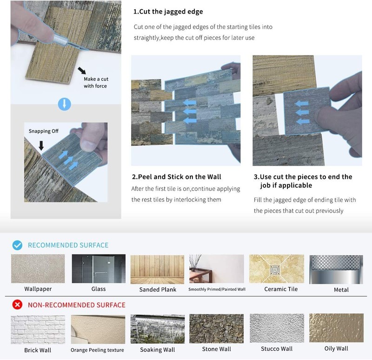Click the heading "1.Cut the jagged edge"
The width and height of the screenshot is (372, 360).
click(x=168, y=12)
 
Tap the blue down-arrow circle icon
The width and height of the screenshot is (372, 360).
click(x=65, y=104)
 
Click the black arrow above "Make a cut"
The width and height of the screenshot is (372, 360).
click(x=82, y=70)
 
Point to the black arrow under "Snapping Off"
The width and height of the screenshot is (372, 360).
click(x=41, y=146)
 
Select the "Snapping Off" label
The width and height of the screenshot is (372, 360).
click(x=44, y=131)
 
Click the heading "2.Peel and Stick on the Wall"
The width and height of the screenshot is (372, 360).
click(x=177, y=177)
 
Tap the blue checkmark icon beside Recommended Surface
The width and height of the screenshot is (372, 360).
click(x=17, y=245)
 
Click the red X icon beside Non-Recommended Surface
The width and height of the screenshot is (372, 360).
click(x=17, y=305)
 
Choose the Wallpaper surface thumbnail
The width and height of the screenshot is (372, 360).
click(x=38, y=269)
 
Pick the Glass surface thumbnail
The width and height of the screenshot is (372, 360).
click(x=99, y=269)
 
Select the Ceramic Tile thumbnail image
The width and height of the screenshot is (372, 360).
click(x=277, y=269)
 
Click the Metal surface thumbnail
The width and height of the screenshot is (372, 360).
click(x=336, y=269)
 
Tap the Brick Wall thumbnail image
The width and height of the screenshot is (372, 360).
click(x=38, y=329)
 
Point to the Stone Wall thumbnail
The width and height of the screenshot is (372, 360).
click(x=216, y=329)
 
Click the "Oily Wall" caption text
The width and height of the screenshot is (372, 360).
click(x=336, y=349)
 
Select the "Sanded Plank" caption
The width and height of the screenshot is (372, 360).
click(x=158, y=289)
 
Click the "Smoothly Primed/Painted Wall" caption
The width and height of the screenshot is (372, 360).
click(x=217, y=289)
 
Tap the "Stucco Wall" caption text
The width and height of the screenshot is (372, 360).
click(x=277, y=349)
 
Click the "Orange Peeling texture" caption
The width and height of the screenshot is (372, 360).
click(x=97, y=350)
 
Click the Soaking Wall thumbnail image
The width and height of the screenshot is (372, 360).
click(x=158, y=329)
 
